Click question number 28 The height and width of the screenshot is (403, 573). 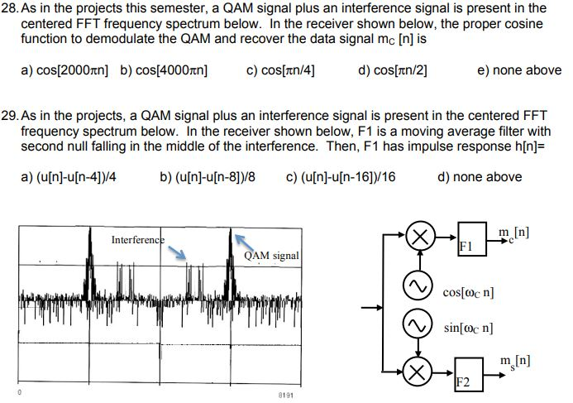pos(10,9)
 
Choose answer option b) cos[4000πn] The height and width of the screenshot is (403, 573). pos(164,70)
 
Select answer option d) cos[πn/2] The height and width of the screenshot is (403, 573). pos(393,70)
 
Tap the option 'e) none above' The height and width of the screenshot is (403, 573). pos(519,70)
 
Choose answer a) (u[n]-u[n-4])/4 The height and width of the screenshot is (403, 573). pos(74,176)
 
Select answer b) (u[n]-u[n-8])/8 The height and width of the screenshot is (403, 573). pos(208,176)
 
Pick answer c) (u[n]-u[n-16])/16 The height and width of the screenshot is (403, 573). pos(340,176)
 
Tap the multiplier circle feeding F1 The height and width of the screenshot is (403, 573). pos(420,237)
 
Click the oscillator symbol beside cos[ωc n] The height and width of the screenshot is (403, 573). pos(420,285)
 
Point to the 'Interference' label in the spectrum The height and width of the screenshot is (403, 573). pos(137,239)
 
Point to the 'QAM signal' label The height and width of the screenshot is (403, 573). pos(271,256)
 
